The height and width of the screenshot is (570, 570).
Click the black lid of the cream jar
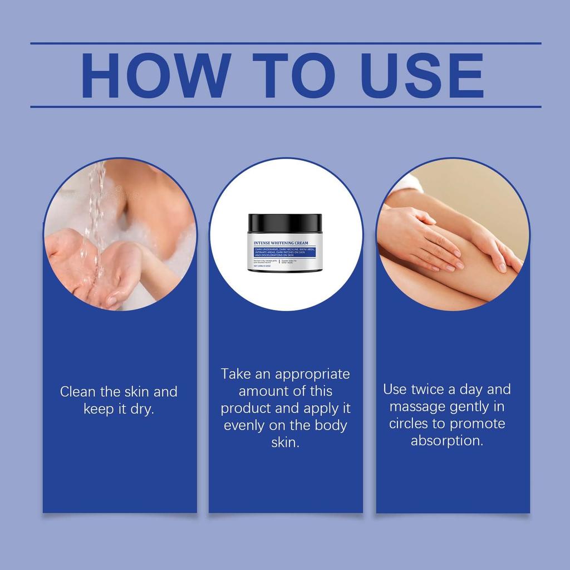point(285,224)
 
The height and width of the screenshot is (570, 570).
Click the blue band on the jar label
point(284,253)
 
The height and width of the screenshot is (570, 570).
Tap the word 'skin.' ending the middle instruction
point(285,443)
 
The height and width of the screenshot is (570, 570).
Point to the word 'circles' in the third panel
point(408,424)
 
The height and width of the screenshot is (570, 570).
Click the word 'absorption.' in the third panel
point(446,441)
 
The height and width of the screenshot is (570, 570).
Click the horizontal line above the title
point(285,43)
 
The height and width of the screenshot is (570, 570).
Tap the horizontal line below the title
point(285,106)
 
